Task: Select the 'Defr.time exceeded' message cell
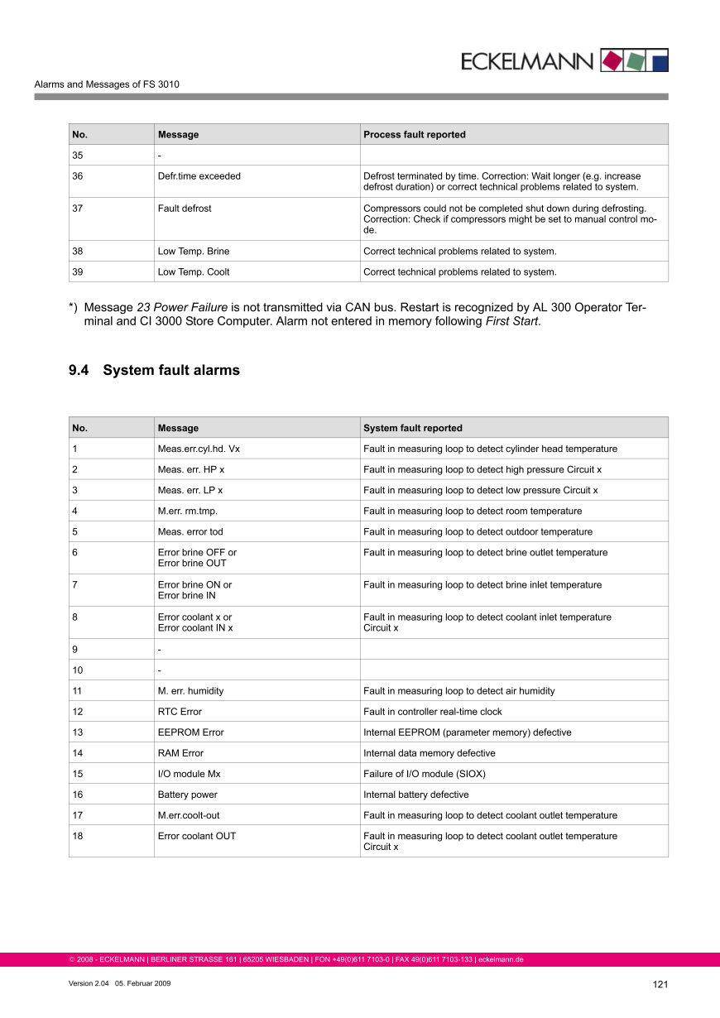click(x=199, y=176)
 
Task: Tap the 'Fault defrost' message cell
click(x=185, y=209)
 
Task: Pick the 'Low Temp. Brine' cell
click(x=194, y=251)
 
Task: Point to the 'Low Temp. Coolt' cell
click(x=194, y=271)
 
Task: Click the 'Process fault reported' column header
click(x=415, y=134)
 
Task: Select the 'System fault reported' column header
click(x=413, y=428)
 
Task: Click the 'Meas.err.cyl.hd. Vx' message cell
click(x=199, y=449)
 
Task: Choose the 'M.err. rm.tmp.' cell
click(x=188, y=511)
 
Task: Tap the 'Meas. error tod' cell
click(x=190, y=531)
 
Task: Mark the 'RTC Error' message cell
click(x=180, y=711)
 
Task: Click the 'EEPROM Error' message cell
click(x=190, y=732)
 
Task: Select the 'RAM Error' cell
click(x=180, y=752)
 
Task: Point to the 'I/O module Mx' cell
click(x=189, y=773)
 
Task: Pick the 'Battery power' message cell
click(x=188, y=794)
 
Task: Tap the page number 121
click(x=660, y=984)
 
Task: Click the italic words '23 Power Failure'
click(x=182, y=307)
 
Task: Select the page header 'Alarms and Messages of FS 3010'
click(x=107, y=84)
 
